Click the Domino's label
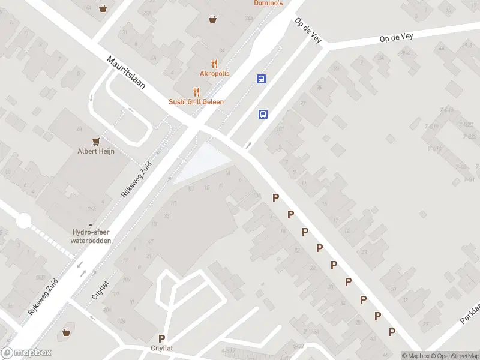pyautogui.click(x=268, y=3)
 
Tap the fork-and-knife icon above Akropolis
pyautogui.click(x=212, y=64)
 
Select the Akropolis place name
pyautogui.click(x=214, y=74)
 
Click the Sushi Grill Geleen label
pyautogui.click(x=196, y=102)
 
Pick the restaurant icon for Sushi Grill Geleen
pyautogui.click(x=196, y=92)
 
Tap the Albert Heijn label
pyautogui.click(x=95, y=151)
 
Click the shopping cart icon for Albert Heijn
pyautogui.click(x=95, y=141)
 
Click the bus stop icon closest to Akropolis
pyautogui.click(x=261, y=79)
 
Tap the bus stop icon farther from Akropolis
pyautogui.click(x=263, y=114)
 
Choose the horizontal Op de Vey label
pyautogui.click(x=396, y=38)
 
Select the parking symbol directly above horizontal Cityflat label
pyautogui.click(x=161, y=339)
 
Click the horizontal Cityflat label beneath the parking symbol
pyautogui.click(x=162, y=349)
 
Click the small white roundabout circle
pyautogui.click(x=23, y=222)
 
